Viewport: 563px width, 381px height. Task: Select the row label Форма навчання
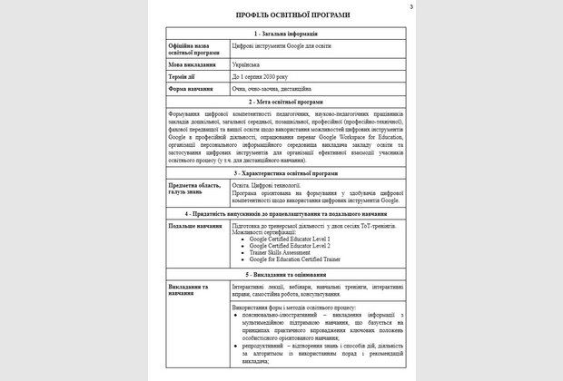[193, 89]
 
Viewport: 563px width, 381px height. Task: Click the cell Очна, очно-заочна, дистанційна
[273, 89]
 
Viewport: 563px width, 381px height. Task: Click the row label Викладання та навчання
[193, 289]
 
